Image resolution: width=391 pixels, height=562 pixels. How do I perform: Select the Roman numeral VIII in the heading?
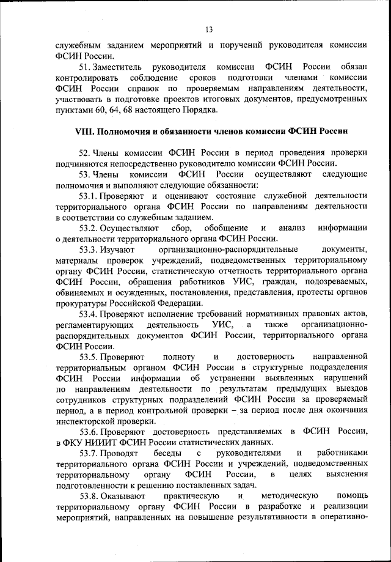(x=82, y=131)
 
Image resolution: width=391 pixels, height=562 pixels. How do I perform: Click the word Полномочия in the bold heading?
(x=125, y=131)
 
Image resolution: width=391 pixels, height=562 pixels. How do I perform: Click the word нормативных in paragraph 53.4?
(x=279, y=315)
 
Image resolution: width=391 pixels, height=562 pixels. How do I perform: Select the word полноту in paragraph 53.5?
(x=180, y=356)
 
